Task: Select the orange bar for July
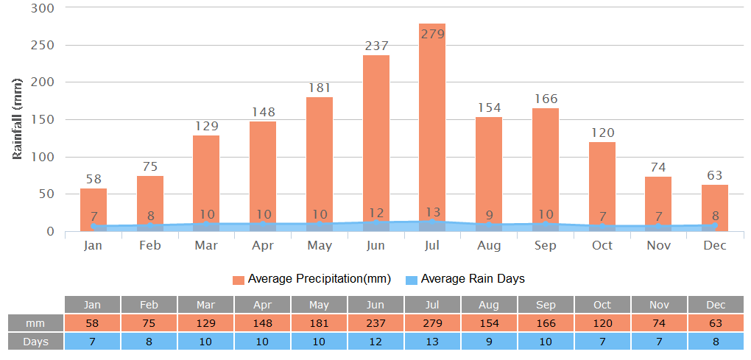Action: [432, 125]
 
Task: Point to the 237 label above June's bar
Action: [376, 46]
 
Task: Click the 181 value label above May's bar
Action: [320, 88]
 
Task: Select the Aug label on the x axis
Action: [489, 245]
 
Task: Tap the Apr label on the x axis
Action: [263, 245]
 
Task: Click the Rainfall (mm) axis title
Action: [18, 118]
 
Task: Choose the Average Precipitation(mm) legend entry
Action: [312, 279]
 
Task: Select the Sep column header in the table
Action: [546, 305]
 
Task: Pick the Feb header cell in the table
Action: [149, 305]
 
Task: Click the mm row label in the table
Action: [35, 323]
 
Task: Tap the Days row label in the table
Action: [35, 342]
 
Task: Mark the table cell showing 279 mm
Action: [432, 323]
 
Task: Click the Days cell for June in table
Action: [375, 342]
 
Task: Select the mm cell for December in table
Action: [716, 323]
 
